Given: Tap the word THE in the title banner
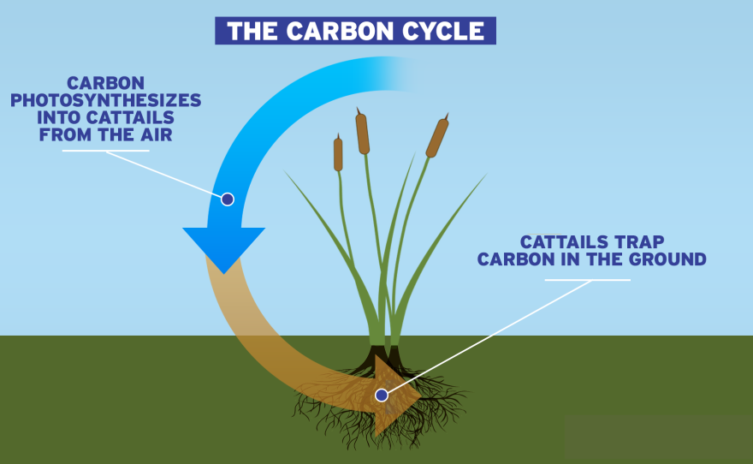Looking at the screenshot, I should tap(251, 32).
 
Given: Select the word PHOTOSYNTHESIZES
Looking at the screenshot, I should tap(106, 100).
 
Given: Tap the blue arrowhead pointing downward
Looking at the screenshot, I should tap(223, 247).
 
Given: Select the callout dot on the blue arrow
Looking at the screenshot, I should tap(228, 199).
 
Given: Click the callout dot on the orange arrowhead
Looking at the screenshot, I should tap(382, 395).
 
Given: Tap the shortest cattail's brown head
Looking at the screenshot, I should tap(338, 155).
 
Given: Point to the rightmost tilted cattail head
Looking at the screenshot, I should tap(437, 138).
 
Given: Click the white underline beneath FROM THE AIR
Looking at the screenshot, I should tap(106, 152).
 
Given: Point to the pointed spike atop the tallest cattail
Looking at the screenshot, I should tap(359, 110).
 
